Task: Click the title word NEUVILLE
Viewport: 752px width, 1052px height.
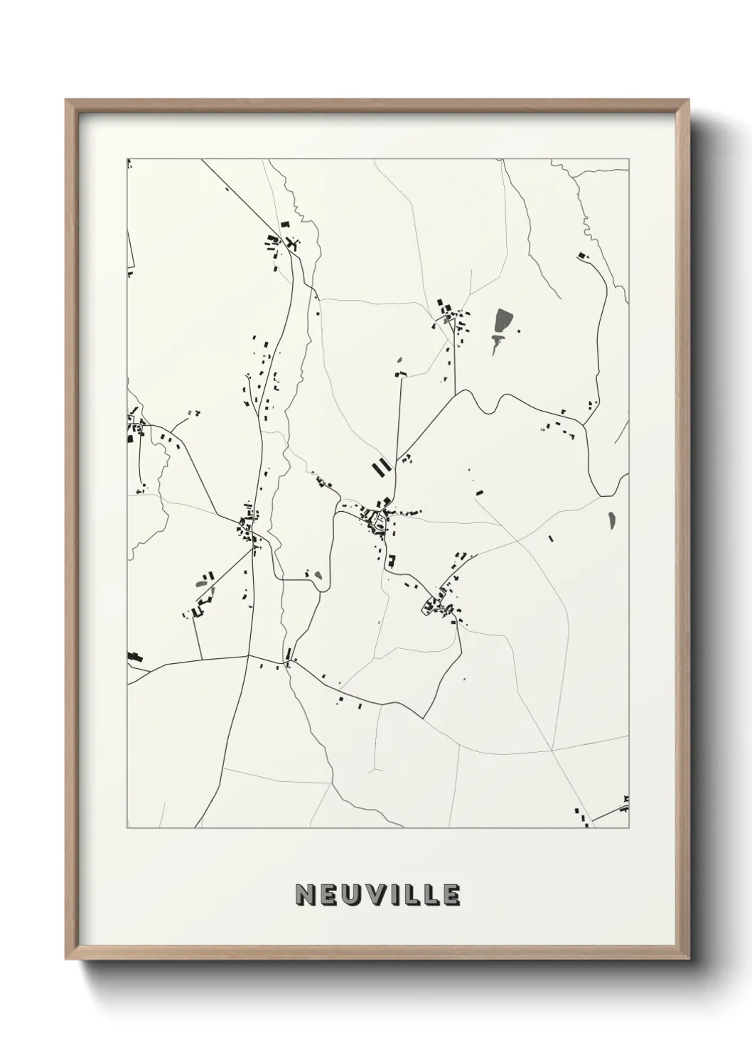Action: (x=377, y=895)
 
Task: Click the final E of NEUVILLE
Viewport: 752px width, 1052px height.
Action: (x=451, y=895)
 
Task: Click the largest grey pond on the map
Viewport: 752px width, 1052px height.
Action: (x=503, y=320)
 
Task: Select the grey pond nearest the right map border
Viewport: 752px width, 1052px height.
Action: (x=611, y=520)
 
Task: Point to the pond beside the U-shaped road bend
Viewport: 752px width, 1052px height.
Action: (x=318, y=576)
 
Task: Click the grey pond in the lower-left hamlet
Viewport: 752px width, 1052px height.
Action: (x=203, y=584)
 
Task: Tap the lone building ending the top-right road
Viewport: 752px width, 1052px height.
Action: (x=584, y=255)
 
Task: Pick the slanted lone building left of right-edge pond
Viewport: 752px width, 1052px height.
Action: (x=550, y=539)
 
